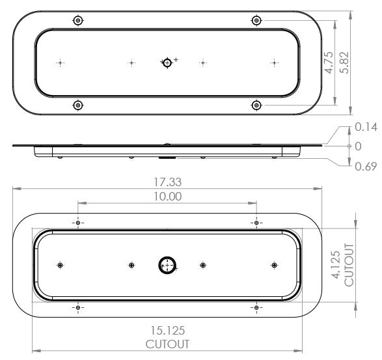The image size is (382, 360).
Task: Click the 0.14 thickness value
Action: [365, 128]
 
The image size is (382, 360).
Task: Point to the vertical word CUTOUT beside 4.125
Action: [349, 266]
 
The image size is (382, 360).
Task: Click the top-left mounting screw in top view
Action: [78, 21]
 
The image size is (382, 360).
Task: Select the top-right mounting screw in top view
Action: [256, 21]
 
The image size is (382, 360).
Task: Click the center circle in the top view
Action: [167, 62]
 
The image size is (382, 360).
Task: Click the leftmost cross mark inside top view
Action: [61, 63]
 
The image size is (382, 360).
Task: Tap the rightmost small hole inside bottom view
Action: [274, 265]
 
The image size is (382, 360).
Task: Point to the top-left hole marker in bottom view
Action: [78, 223]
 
